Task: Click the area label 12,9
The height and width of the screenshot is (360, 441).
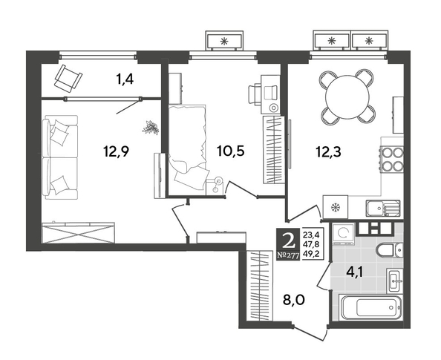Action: [x=116, y=152]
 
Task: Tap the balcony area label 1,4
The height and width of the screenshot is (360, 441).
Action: [x=125, y=80]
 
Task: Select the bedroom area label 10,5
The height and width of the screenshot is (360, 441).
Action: [x=231, y=151]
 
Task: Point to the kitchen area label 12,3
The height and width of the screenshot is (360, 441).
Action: [x=328, y=152]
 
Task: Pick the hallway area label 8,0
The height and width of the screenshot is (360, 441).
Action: [x=293, y=300]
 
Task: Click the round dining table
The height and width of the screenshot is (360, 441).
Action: [x=347, y=97]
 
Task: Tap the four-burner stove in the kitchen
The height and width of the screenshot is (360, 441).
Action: [x=392, y=159]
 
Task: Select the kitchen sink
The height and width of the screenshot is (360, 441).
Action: [x=383, y=208]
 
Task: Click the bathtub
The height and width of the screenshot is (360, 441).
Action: [x=370, y=307]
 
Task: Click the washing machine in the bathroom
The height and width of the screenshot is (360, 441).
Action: [x=343, y=234]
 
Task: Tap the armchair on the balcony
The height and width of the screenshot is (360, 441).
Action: [x=68, y=79]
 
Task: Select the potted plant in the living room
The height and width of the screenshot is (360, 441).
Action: [x=151, y=127]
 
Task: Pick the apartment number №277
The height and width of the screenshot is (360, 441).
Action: [x=288, y=255]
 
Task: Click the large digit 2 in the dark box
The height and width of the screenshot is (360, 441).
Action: [x=288, y=240]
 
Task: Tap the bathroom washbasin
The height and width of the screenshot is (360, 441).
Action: [x=395, y=280]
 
